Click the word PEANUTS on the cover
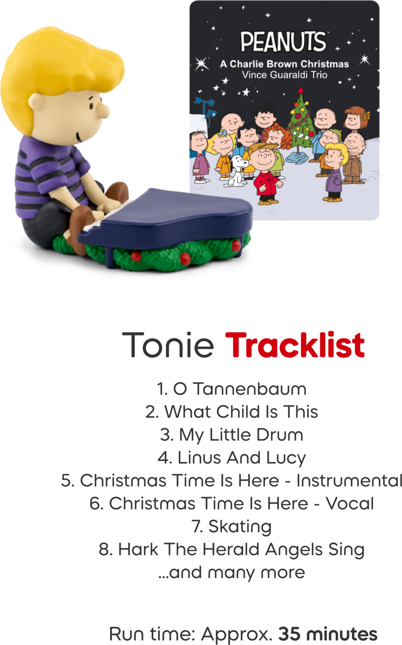pos(283,42)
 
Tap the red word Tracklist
pos(295,345)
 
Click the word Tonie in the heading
pos(168,345)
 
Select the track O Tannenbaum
pos(232,389)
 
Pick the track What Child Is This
pos(232,412)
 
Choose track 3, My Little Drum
pos(232,435)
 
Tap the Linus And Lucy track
pos(232,458)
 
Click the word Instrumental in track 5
pos(349,481)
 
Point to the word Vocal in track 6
pos(350,504)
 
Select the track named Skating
pos(232,526)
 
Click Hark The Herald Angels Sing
pos(232,550)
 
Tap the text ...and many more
pos(232,572)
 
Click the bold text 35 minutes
pos(328,634)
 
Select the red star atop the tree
pos(301,90)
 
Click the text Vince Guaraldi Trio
pos(284,75)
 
